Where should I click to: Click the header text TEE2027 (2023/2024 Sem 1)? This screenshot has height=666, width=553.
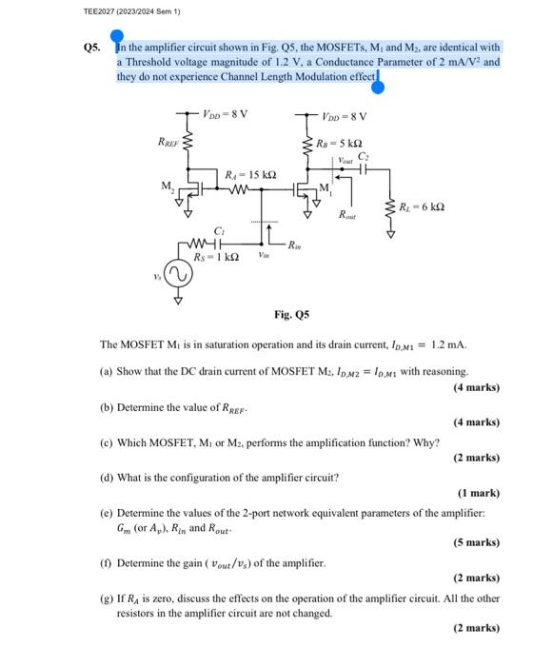coord(59,11)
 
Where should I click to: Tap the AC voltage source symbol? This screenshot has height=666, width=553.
coord(177,275)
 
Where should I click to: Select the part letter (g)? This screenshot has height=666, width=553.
coord(108,599)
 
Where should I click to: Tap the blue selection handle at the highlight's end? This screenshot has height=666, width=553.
coord(378,88)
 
